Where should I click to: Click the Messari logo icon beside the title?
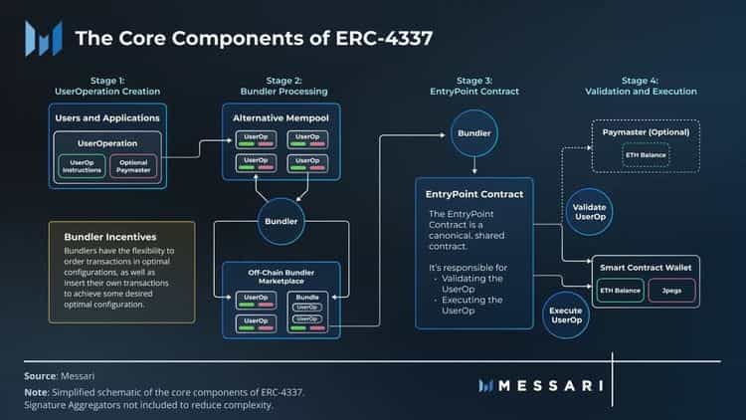pyautogui.click(x=44, y=40)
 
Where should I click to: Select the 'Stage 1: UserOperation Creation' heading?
pyautogui.click(x=106, y=86)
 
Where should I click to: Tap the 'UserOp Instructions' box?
pyautogui.click(x=82, y=165)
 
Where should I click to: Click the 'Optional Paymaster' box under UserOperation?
pyautogui.click(x=133, y=165)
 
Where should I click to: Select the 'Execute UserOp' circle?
pyautogui.click(x=566, y=315)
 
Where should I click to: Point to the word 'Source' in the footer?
pyautogui.click(x=41, y=376)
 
